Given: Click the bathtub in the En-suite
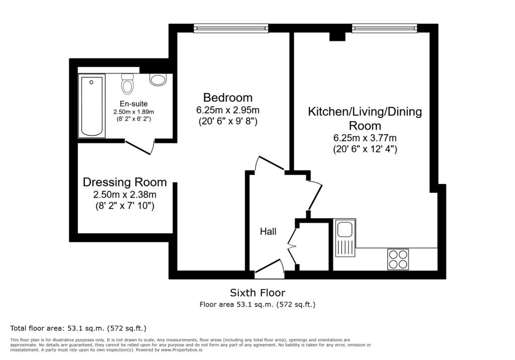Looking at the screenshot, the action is [92, 106].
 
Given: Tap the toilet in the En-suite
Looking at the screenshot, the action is [127, 83].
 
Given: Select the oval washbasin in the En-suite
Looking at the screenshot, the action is [158, 79].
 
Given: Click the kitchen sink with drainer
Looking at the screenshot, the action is [345, 238].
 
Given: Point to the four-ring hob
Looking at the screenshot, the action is [398, 259].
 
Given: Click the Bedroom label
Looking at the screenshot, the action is [228, 98].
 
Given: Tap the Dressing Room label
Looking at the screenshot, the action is [125, 182].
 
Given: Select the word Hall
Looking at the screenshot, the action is [268, 232].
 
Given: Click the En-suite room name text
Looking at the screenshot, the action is [134, 104].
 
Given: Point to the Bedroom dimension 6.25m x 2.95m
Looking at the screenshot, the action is [228, 110].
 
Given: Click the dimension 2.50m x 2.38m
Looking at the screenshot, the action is [125, 195].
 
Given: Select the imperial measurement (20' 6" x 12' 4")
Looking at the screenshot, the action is [365, 149].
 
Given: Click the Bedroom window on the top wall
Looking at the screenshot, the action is [231, 29].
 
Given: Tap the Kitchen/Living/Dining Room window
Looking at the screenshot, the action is [385, 29].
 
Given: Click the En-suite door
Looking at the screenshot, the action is [139, 147].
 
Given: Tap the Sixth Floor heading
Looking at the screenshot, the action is [257, 293].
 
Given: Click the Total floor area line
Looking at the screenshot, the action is [78, 328].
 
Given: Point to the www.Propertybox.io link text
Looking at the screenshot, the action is [181, 350].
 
